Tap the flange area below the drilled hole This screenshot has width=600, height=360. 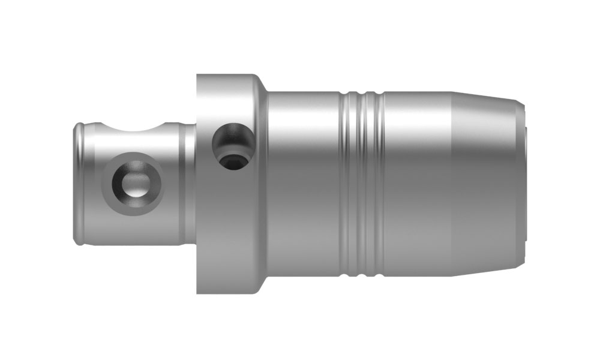point(232,228)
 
